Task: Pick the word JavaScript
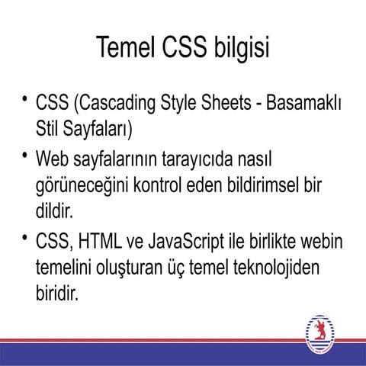[200, 244]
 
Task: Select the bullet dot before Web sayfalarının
[26, 157]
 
